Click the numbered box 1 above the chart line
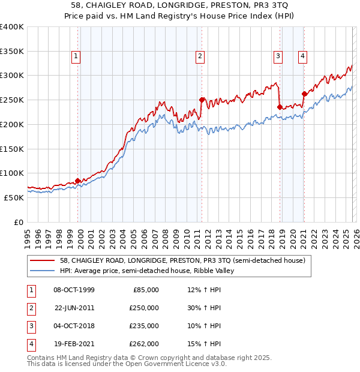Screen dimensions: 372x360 (77, 57)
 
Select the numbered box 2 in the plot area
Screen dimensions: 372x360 (200, 57)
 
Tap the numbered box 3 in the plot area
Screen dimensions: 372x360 (278, 57)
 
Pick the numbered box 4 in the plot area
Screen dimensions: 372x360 (303, 57)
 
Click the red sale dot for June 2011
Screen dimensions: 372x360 (202, 100)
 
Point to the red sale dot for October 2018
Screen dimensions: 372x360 (280, 107)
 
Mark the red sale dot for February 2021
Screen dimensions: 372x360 (304, 94)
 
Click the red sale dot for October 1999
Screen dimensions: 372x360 (78, 181)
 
